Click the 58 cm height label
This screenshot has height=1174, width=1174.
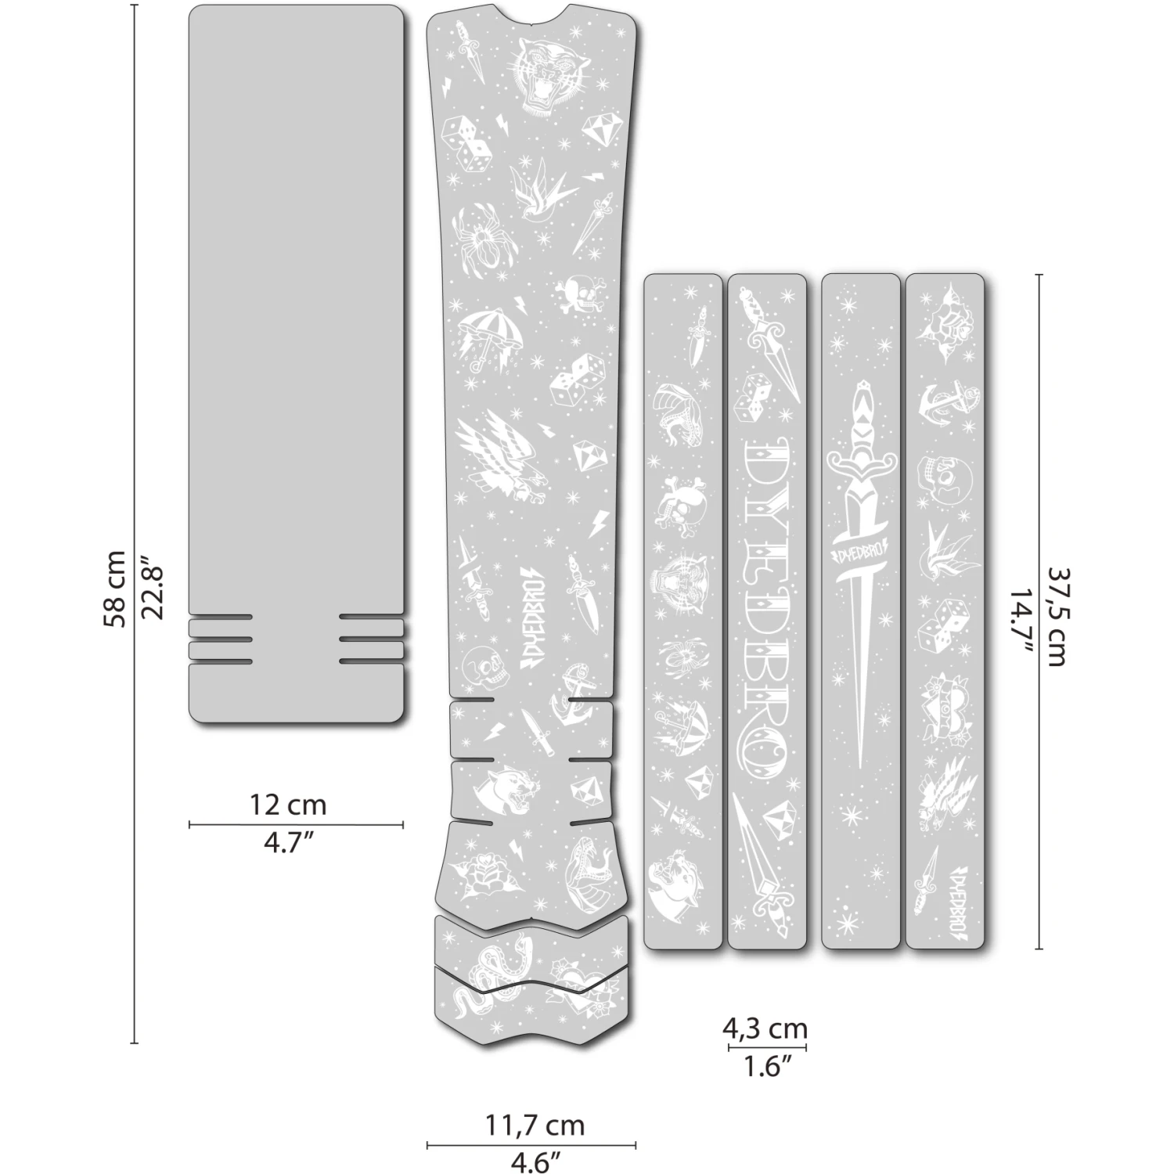pyautogui.click(x=114, y=589)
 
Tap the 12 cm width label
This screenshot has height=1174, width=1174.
pyautogui.click(x=287, y=805)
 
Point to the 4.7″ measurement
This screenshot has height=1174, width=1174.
pyautogui.click(x=287, y=844)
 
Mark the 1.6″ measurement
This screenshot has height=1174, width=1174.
pyautogui.click(x=765, y=1066)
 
